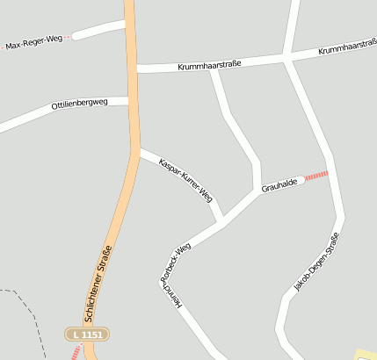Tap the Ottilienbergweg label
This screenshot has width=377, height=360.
coord(79,104)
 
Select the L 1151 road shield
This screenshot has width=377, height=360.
coord(88,335)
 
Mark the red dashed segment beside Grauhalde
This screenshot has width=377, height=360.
coord(315,176)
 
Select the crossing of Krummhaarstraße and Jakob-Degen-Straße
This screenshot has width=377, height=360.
coord(287,57)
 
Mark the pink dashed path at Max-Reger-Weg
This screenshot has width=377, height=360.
coord(67,39)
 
